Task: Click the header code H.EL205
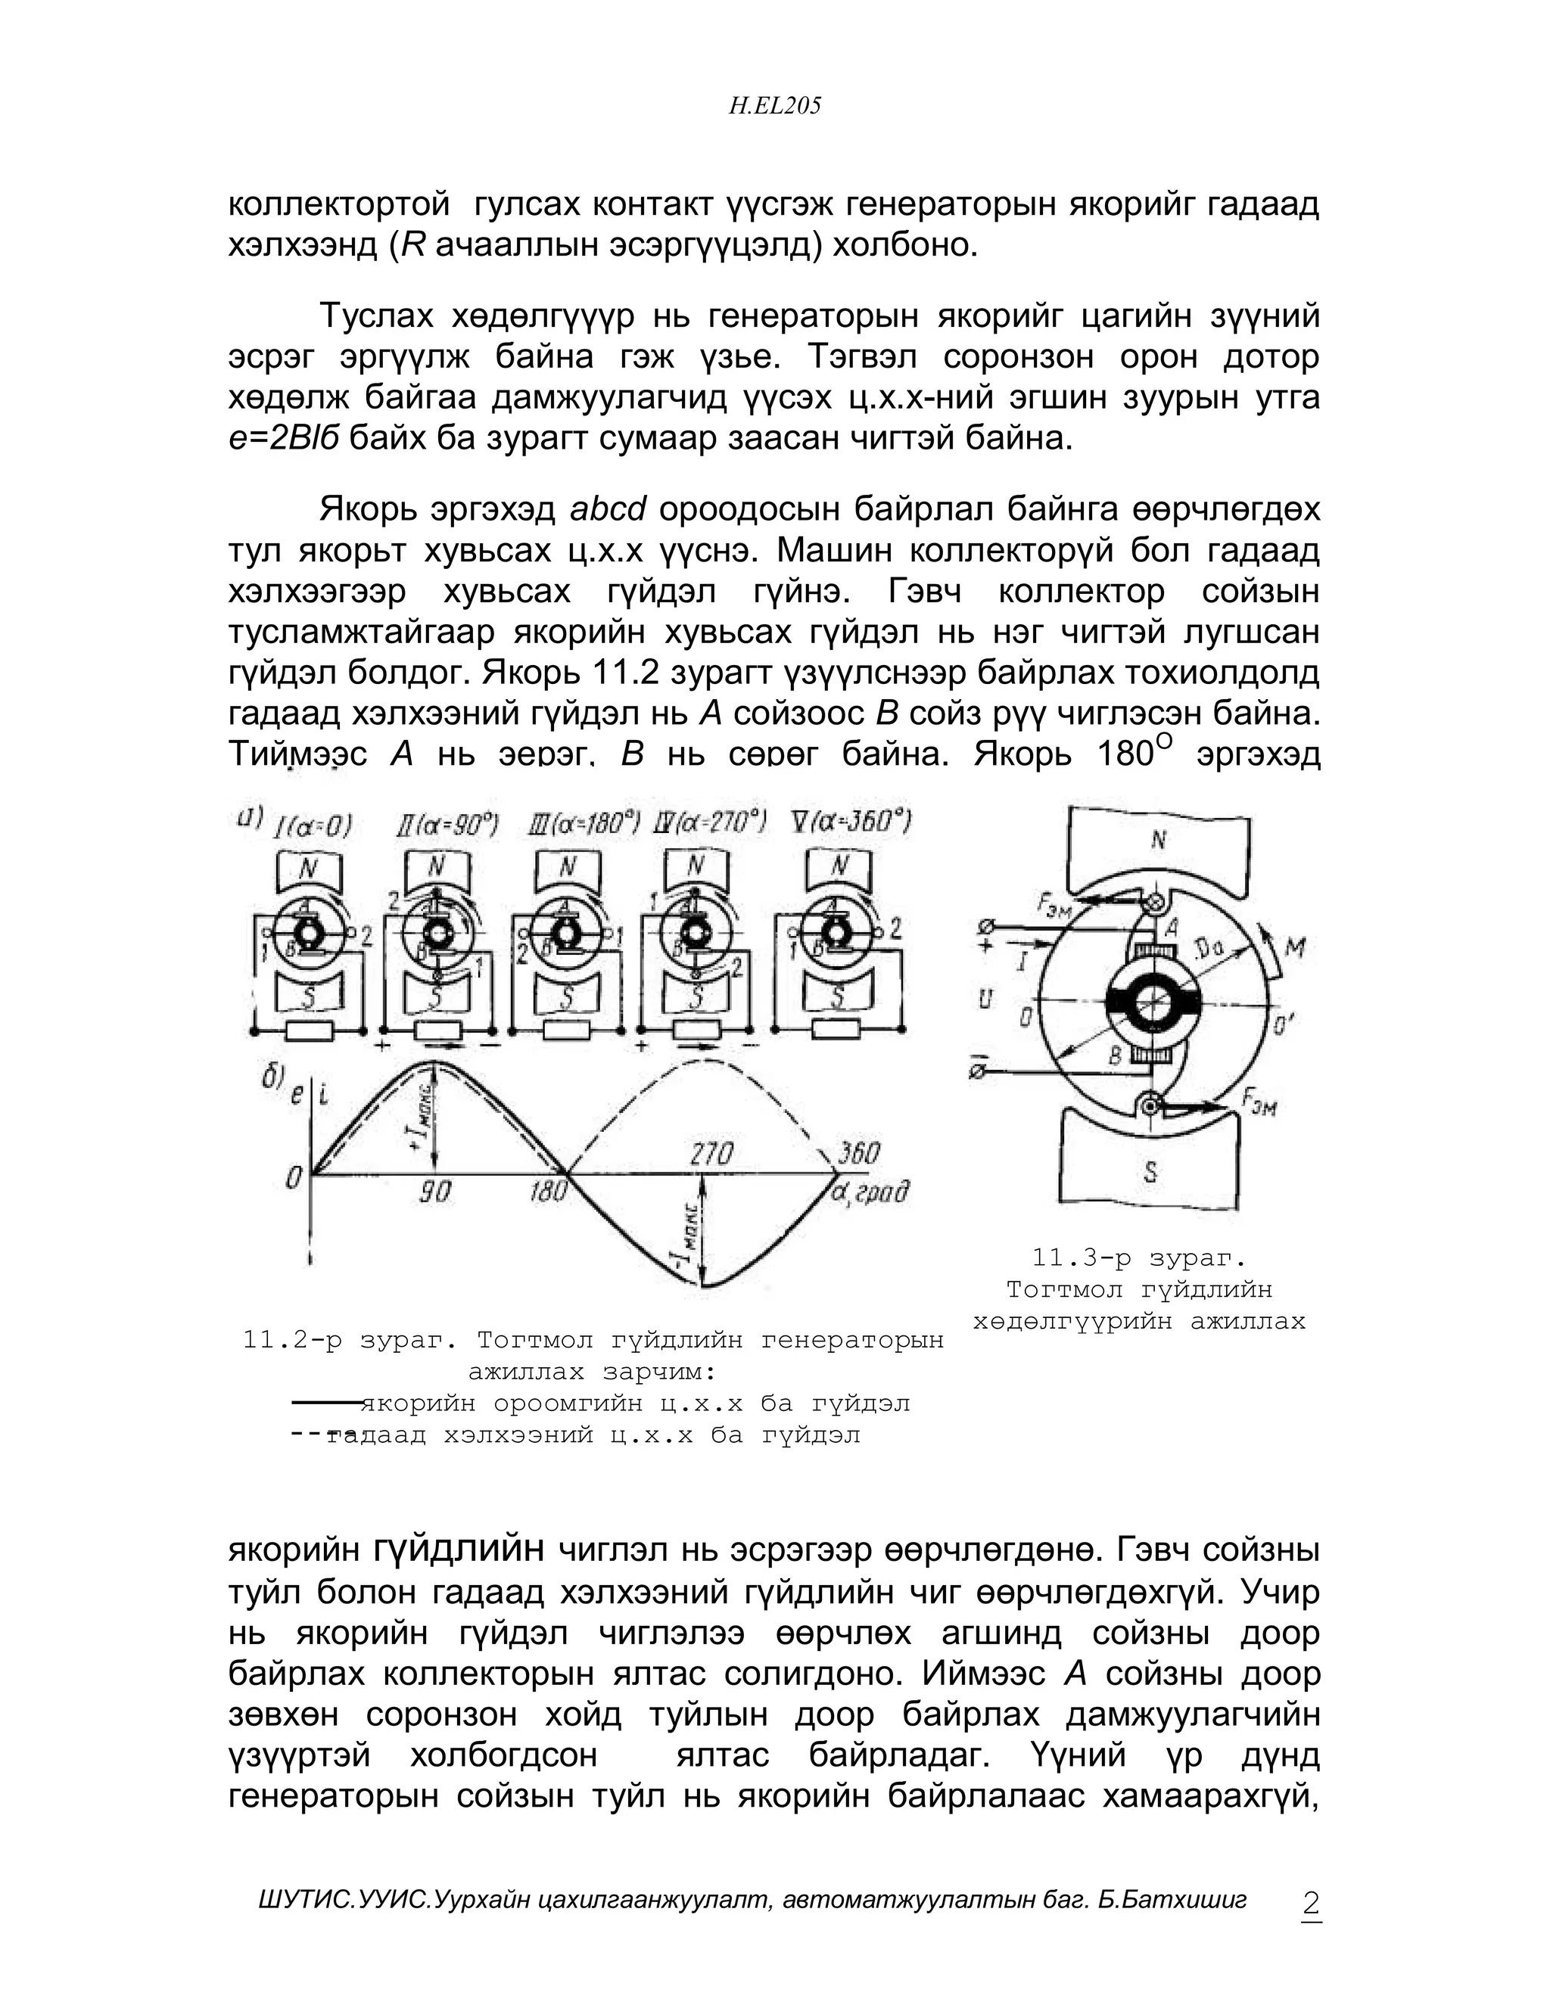(x=774, y=107)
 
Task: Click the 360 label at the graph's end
(x=858, y=1153)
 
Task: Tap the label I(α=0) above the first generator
(x=313, y=826)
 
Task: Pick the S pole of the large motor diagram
(x=1150, y=1171)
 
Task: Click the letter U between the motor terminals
(x=985, y=999)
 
